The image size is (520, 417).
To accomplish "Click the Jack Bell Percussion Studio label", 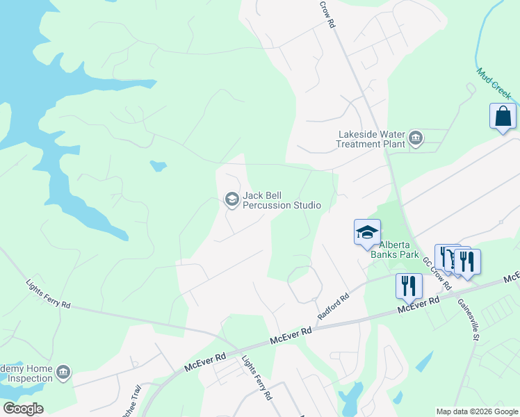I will click(282, 200).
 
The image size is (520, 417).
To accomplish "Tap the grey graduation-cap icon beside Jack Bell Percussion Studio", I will click(231, 200).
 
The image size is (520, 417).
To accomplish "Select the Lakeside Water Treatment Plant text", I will click(371, 139).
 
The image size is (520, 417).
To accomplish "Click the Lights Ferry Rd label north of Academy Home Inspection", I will click(49, 294).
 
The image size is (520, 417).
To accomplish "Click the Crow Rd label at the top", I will click(327, 14).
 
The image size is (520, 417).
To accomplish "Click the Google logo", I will click(23, 409).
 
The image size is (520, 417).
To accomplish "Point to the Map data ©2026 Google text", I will click(477, 411).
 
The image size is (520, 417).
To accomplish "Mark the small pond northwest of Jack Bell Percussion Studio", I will click(159, 166).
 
